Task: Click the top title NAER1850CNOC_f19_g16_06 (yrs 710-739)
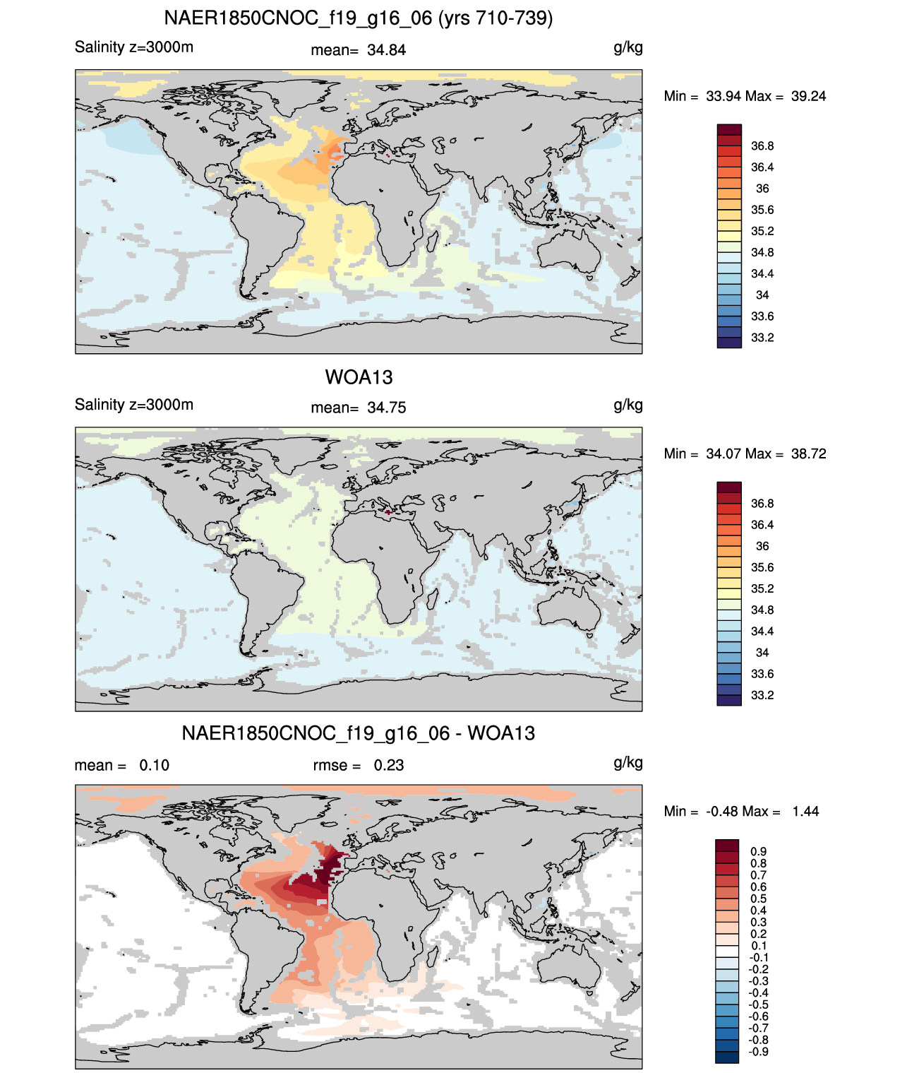359,18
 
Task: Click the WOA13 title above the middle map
359,377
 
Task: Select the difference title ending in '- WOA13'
359,733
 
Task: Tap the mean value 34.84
386,50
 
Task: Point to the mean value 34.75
386,408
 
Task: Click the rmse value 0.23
388,766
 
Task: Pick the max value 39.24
808,97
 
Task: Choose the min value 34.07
723,454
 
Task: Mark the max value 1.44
805,812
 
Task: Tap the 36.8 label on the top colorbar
762,146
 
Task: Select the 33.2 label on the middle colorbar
762,696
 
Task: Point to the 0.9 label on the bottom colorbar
759,852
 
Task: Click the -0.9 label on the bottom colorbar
759,1053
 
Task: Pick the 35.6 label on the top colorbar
762,211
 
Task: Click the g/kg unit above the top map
628,48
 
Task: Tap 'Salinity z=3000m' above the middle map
134,405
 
